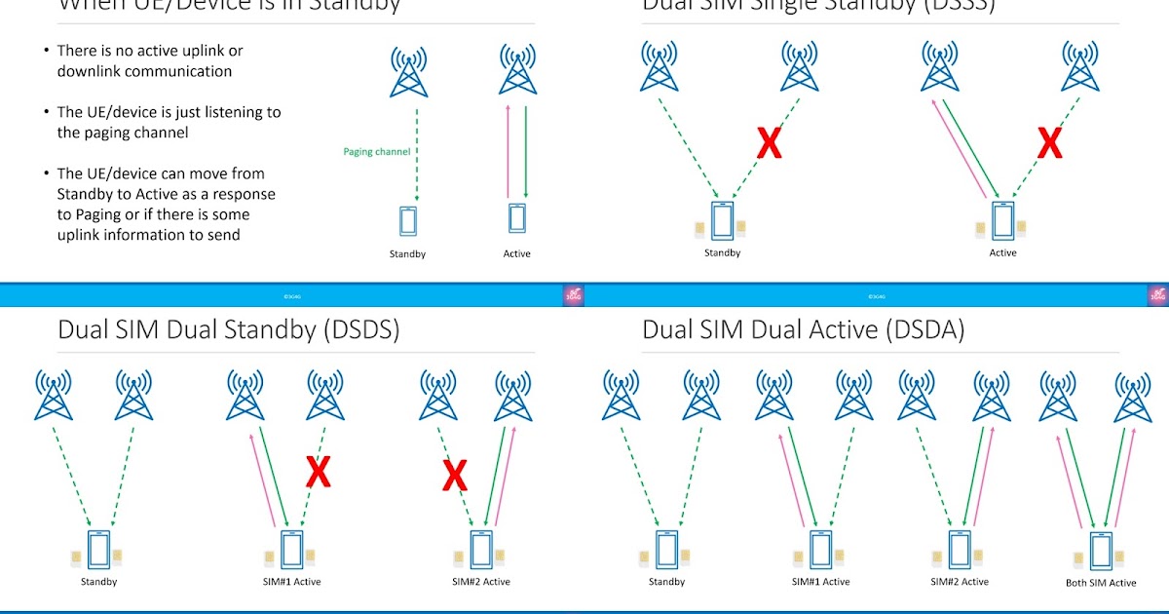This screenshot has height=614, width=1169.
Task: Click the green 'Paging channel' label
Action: (x=377, y=152)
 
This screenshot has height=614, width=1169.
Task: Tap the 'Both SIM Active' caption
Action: (x=1101, y=583)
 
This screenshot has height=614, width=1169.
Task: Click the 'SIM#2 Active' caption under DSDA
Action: (x=960, y=582)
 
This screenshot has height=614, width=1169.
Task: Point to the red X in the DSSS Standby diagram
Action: (x=770, y=144)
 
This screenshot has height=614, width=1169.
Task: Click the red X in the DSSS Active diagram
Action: (x=1049, y=144)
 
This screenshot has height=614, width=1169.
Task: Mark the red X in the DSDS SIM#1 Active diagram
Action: (x=318, y=472)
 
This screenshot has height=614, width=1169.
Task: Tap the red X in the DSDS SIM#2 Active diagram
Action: (x=454, y=476)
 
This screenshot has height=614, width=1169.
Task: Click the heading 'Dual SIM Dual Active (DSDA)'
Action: (x=803, y=329)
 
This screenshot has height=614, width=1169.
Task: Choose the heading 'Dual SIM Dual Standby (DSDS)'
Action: (x=229, y=329)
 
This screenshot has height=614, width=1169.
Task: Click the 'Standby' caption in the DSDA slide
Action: (x=666, y=582)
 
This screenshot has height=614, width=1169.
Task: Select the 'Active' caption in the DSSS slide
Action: (x=1002, y=253)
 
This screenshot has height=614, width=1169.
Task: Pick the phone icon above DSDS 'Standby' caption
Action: (x=98, y=550)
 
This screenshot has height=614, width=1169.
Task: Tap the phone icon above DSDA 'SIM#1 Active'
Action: (x=820, y=550)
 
